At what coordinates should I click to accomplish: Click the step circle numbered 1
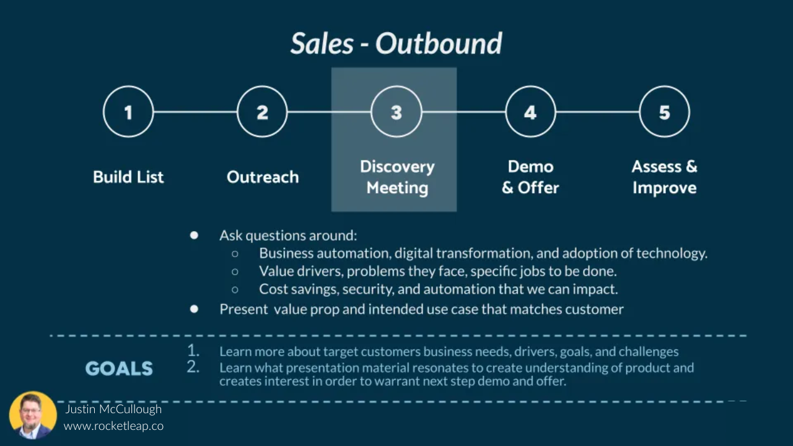128,112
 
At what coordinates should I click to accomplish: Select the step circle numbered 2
262,112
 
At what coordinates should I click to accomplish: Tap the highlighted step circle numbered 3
396,112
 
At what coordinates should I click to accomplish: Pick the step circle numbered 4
530,112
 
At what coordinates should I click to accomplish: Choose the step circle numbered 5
664,112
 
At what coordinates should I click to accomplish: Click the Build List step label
128,177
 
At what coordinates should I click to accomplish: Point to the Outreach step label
263,177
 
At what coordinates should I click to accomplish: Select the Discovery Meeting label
397,177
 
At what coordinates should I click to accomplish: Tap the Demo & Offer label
530,177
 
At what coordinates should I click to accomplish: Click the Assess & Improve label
664,177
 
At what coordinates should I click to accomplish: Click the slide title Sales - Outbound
396,43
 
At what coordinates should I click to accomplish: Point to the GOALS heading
119,369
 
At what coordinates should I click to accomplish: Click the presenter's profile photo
33,415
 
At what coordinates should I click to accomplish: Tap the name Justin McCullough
113,409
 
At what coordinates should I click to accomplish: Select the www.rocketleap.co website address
113,426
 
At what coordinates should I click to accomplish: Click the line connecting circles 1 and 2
195,112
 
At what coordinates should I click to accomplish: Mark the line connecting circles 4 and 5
597,112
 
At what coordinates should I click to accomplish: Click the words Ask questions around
287,235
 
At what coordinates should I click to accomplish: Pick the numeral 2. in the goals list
193,367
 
